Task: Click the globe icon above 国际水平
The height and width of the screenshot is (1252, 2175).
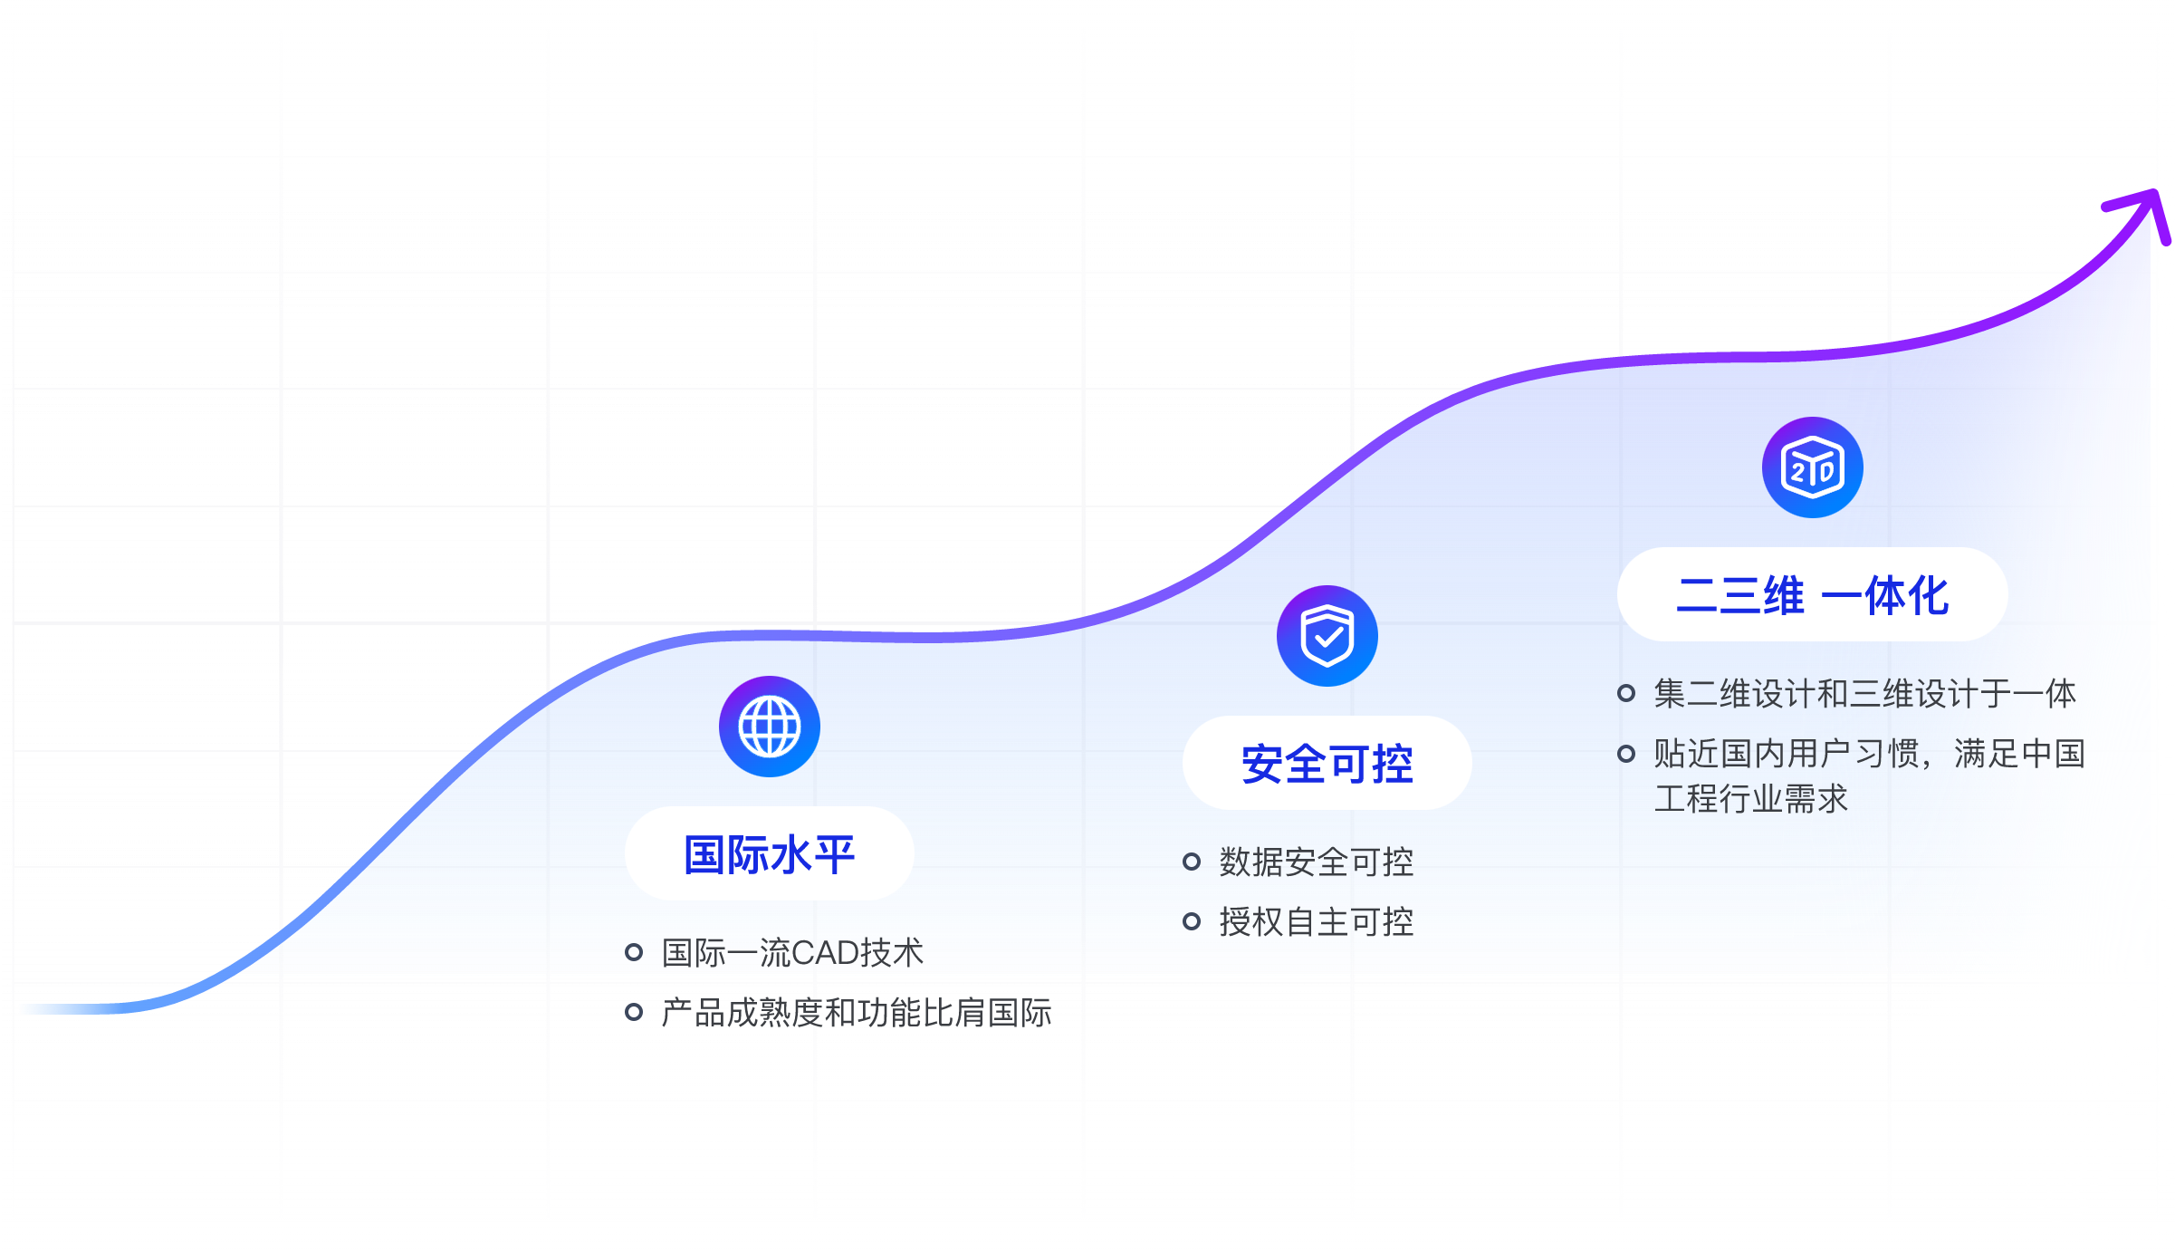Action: (770, 727)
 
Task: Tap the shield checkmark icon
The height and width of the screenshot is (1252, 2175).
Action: (1327, 636)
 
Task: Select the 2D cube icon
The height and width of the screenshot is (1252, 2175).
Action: (1812, 467)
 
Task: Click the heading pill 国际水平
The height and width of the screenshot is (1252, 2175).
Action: (770, 854)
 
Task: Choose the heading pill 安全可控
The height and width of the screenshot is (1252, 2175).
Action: (1327, 764)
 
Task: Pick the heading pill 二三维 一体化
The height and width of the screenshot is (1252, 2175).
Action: (1812, 595)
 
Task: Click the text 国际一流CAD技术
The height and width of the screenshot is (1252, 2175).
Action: (792, 953)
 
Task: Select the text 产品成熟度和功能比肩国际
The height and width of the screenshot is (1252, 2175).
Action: (857, 1013)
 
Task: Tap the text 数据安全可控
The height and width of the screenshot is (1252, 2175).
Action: (1317, 862)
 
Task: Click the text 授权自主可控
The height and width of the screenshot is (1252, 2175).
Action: (1317, 922)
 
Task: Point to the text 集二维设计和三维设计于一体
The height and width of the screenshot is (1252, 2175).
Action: (1865, 694)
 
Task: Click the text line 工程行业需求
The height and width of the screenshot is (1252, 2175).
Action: (1751, 799)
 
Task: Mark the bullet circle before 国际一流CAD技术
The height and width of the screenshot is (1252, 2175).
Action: (634, 952)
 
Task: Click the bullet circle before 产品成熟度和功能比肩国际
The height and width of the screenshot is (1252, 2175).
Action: (634, 1012)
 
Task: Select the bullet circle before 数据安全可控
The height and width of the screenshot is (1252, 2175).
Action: (1192, 862)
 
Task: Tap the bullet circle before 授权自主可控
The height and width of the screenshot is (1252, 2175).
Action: (1192, 921)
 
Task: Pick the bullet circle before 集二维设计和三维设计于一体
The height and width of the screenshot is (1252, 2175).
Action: (1626, 693)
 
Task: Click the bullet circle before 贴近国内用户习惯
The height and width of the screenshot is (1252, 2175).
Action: (1626, 753)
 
